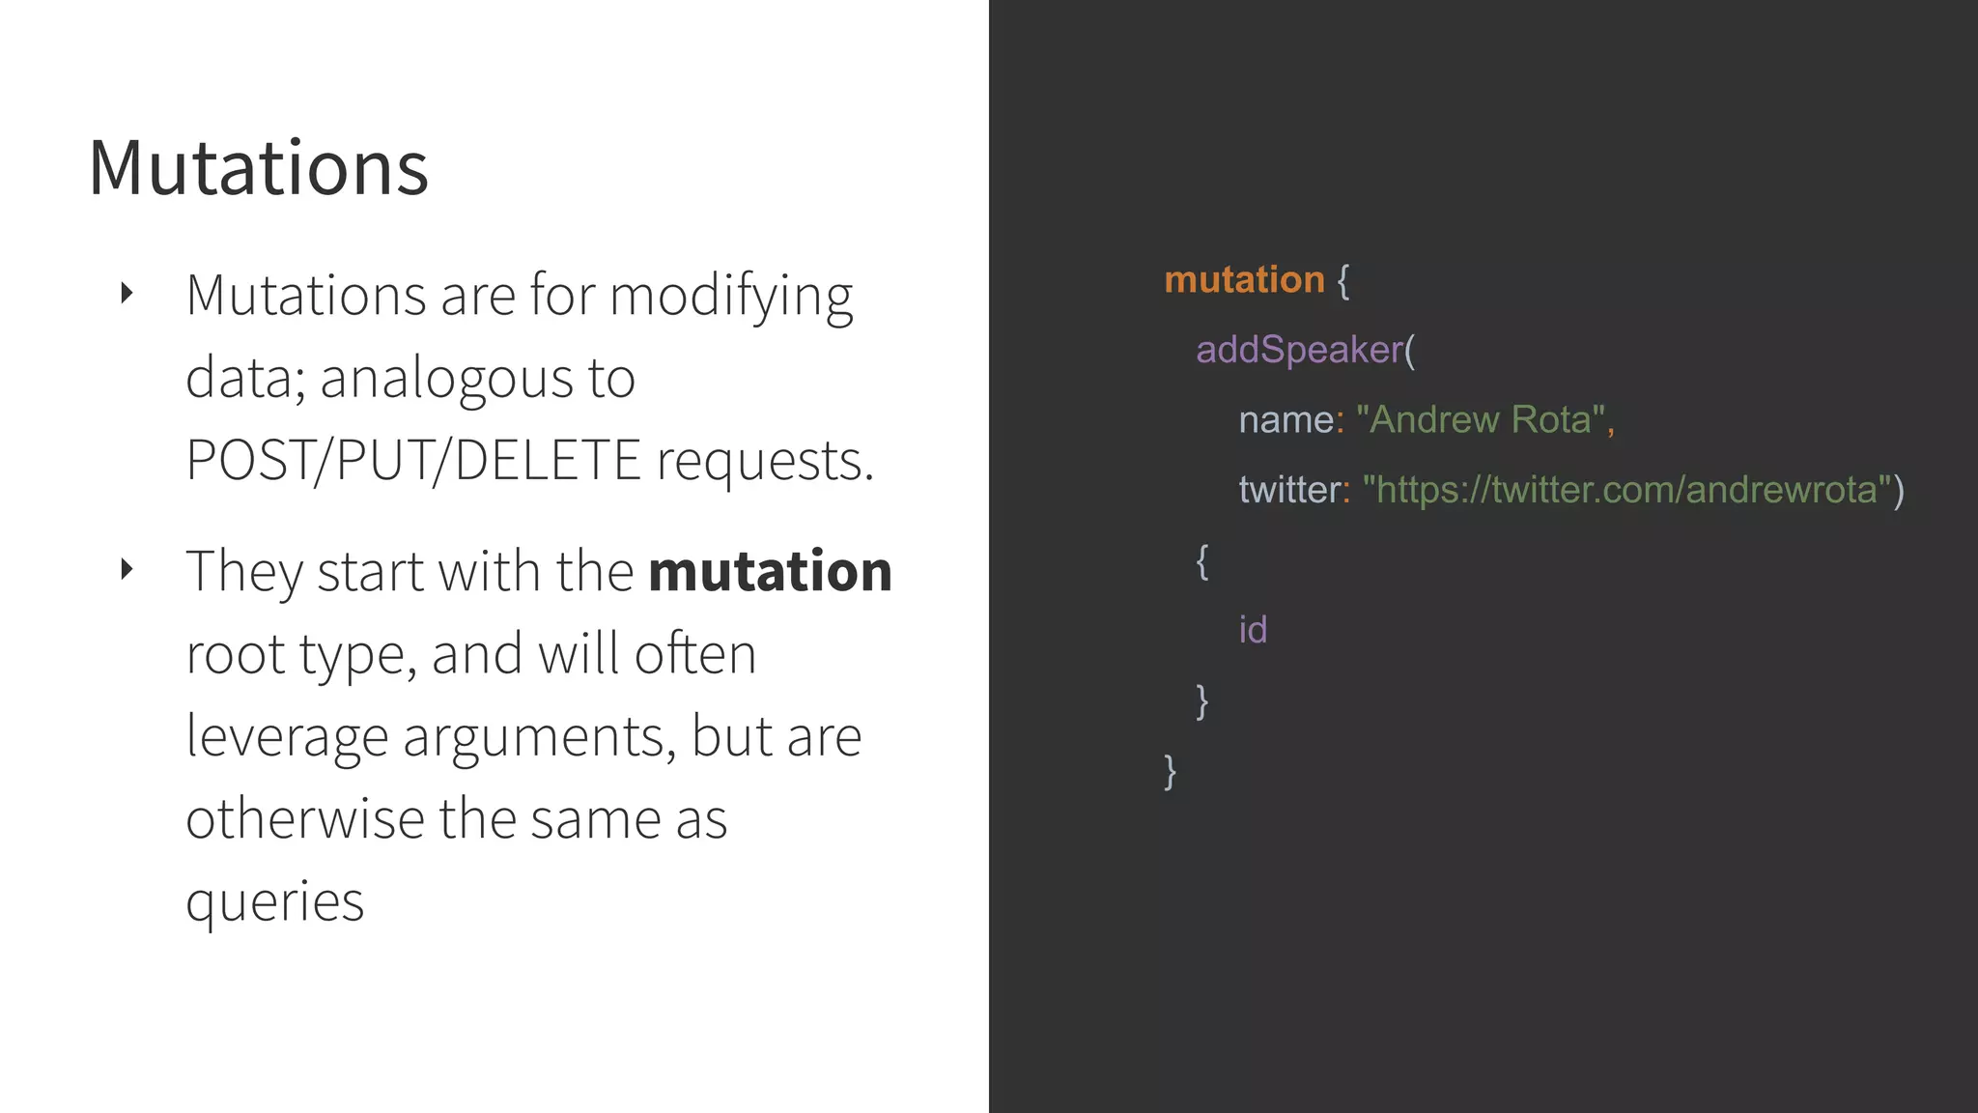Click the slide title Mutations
click(258, 168)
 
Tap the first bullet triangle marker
click(127, 293)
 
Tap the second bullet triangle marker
click(127, 569)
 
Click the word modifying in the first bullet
click(731, 297)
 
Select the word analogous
click(446, 378)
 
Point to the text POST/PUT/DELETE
click(413, 460)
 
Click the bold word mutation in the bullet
click(770, 571)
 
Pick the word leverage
click(287, 737)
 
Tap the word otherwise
click(305, 819)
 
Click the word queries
click(275, 902)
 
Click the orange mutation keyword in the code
click(1244, 280)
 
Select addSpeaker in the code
click(1299, 350)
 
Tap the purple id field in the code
click(1253, 630)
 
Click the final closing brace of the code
click(1171, 771)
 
